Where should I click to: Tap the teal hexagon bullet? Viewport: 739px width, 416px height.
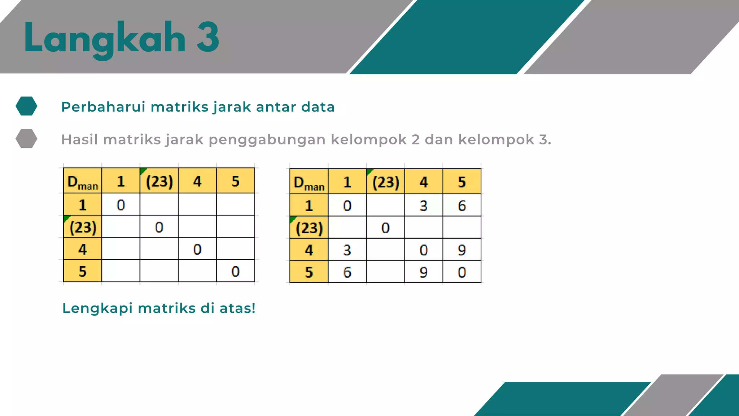(26, 106)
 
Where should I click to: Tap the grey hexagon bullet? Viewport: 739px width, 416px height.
(26, 139)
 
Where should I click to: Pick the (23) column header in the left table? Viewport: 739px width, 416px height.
(159, 181)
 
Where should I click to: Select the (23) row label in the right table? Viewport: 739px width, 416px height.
(309, 228)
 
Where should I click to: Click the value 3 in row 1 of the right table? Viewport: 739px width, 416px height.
(424, 206)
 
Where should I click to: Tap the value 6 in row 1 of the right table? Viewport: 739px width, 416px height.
(462, 206)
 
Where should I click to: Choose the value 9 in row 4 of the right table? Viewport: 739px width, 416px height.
(462, 250)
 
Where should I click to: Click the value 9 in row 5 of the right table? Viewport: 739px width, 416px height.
(424, 272)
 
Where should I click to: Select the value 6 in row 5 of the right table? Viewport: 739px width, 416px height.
(347, 272)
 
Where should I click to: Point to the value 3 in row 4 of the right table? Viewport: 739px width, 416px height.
(347, 250)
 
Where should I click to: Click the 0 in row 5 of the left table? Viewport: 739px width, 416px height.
(235, 271)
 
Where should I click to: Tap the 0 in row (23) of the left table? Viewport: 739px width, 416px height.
(159, 227)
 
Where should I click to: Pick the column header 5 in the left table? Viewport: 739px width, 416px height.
(235, 181)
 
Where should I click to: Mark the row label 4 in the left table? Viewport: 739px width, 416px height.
(83, 249)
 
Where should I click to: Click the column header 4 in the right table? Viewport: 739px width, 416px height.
(424, 182)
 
